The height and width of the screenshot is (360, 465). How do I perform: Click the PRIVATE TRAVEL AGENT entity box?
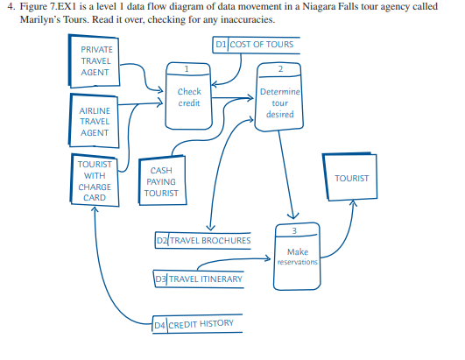[x=95, y=61]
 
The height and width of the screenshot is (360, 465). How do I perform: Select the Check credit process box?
[x=188, y=96]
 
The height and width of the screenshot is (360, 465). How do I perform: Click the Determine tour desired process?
[x=279, y=102]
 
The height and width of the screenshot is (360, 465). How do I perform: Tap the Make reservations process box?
[x=297, y=254]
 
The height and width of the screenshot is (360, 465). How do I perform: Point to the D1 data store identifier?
[x=220, y=43]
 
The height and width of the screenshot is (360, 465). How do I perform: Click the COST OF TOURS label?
[x=261, y=43]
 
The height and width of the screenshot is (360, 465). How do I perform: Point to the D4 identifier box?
[x=159, y=324]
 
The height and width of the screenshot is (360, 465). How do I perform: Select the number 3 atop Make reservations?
[x=296, y=229]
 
